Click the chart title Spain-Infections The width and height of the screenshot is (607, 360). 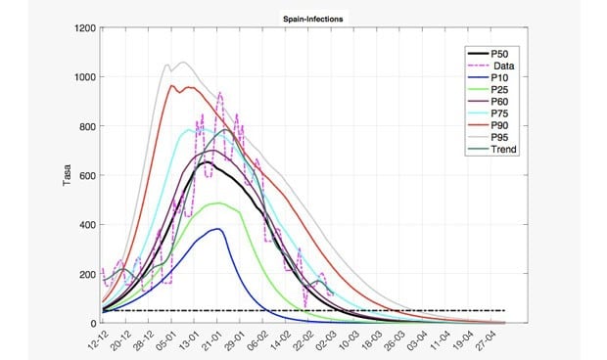303,17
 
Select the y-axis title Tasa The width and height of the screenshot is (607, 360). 67,175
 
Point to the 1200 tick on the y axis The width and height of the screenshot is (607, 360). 86,27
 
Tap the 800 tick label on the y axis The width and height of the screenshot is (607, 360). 89,126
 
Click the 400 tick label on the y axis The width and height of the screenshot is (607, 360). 89,225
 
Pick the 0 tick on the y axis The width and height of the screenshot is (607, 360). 94,323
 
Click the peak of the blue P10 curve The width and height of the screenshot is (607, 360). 217,229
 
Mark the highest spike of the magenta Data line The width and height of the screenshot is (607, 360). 219,94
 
